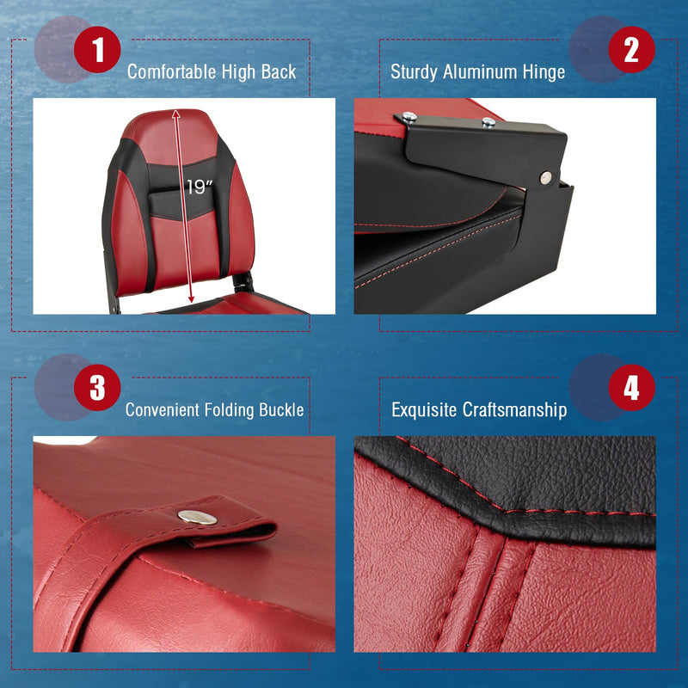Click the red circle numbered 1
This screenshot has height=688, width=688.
[x=97, y=50]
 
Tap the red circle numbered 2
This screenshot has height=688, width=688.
[x=631, y=50]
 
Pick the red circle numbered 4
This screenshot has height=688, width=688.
[x=631, y=388]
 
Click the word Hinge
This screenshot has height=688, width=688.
[x=544, y=72]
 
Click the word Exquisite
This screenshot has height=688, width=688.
[x=425, y=410]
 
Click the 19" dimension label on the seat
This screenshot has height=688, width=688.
[x=198, y=187]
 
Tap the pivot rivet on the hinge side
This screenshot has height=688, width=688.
[x=546, y=177]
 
